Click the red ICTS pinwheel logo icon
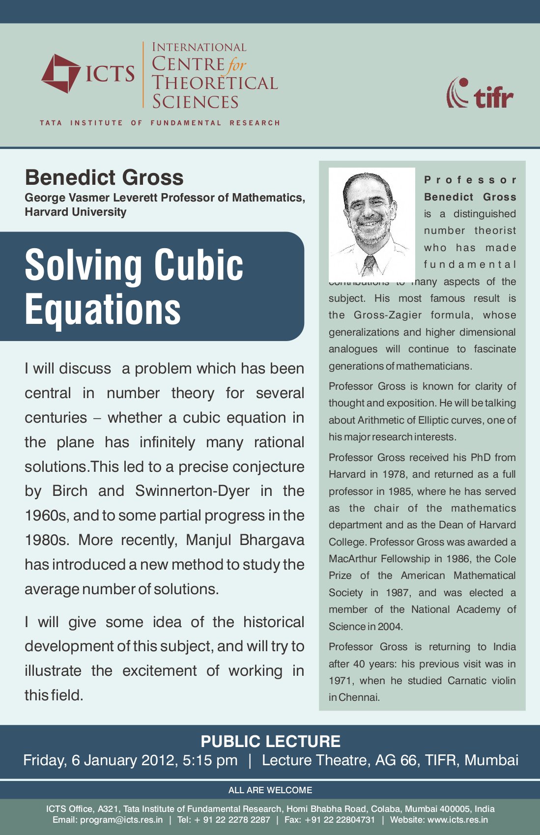tap(60, 74)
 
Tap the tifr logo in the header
tap(480, 93)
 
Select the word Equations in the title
tap(103, 309)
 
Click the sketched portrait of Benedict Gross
tap(371, 224)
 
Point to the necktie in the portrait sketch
tap(368, 266)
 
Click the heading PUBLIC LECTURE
tap(270, 741)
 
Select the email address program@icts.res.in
tap(121, 820)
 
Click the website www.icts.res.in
tap(458, 820)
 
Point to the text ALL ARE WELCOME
tap(270, 790)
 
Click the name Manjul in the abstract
tap(208, 540)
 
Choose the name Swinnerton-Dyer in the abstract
tap(192, 491)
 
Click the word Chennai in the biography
tap(359, 697)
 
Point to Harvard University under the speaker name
tap(76, 212)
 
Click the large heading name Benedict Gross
tap(104, 177)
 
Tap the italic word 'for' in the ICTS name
tap(237, 65)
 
